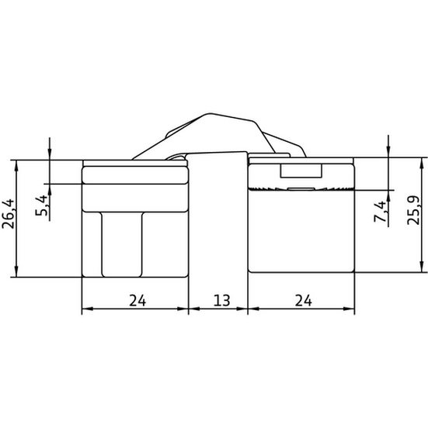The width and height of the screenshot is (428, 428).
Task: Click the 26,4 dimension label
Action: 8,214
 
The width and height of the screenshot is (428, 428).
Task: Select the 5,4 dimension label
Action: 41,205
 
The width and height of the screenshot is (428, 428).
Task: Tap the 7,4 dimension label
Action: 380,212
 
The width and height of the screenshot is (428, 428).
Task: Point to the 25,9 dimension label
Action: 413,210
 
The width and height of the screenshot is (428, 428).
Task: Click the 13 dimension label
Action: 222,301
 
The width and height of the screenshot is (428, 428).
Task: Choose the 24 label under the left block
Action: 137,301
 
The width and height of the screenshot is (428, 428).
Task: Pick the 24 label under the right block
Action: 304,301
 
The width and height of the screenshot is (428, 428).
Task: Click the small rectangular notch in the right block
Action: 301,171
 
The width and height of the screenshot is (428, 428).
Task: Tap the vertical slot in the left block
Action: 122,244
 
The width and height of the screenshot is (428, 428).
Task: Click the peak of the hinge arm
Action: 209,113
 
